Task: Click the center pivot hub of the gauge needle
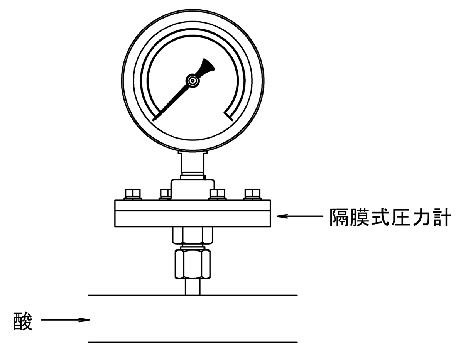(x=192, y=80)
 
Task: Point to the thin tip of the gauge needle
(x=155, y=119)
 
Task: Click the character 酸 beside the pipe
(x=23, y=320)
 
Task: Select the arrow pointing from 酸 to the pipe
(x=66, y=319)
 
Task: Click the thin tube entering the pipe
(x=193, y=287)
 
